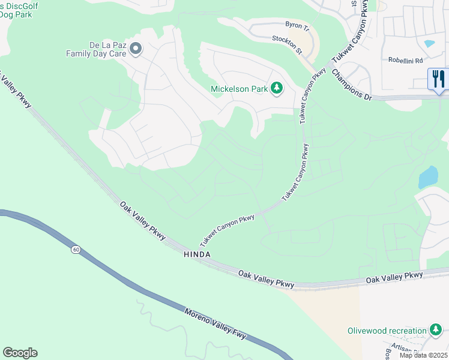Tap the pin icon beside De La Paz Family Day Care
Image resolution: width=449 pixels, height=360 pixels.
(x=135, y=49)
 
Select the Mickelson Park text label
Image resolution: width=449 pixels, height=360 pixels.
(x=239, y=89)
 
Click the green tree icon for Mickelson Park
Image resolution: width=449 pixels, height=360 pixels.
(x=277, y=89)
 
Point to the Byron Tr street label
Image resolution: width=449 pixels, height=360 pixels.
(x=297, y=28)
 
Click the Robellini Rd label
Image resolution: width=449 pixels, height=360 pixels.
(x=406, y=61)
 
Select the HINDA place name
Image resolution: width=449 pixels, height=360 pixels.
(x=197, y=254)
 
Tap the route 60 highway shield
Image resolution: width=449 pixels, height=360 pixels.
(x=75, y=249)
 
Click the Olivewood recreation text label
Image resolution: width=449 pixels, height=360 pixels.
(x=387, y=331)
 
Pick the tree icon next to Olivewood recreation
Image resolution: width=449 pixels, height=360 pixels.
(x=436, y=330)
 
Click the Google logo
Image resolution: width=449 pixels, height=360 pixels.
(x=20, y=353)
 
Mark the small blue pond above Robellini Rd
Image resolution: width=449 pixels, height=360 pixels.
(x=429, y=43)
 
